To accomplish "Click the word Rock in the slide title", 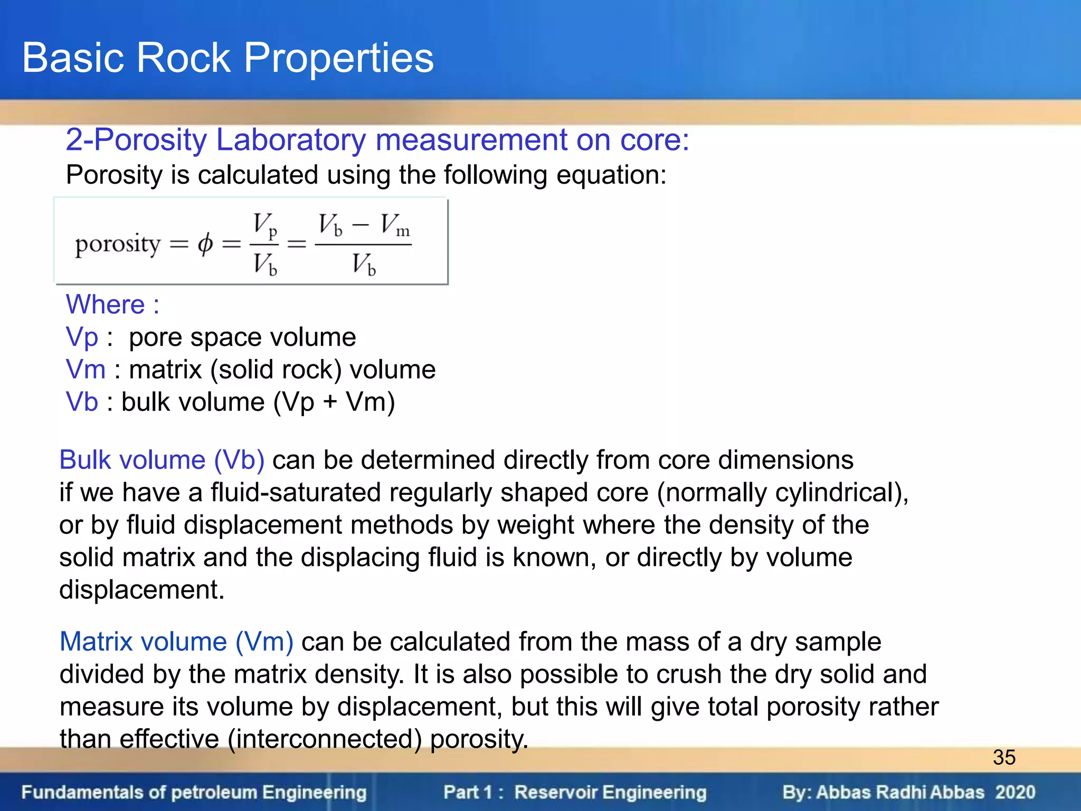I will tap(183, 58).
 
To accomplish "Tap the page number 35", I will tap(1004, 758).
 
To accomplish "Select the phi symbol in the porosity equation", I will tap(205, 244).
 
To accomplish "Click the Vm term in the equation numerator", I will tap(395, 225).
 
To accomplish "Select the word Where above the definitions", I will tap(105, 305).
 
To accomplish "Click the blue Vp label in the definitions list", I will tap(82, 337).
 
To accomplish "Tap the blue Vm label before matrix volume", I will tap(86, 370).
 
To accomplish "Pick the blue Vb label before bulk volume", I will tap(82, 402).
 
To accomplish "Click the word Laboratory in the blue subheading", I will tap(291, 140).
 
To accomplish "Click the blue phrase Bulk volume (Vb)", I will tap(162, 460).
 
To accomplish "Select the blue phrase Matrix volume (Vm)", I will tap(176, 642).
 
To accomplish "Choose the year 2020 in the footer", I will tap(1015, 792).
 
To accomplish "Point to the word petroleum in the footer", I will tap(214, 793).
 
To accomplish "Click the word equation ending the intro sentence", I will tap(611, 175).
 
